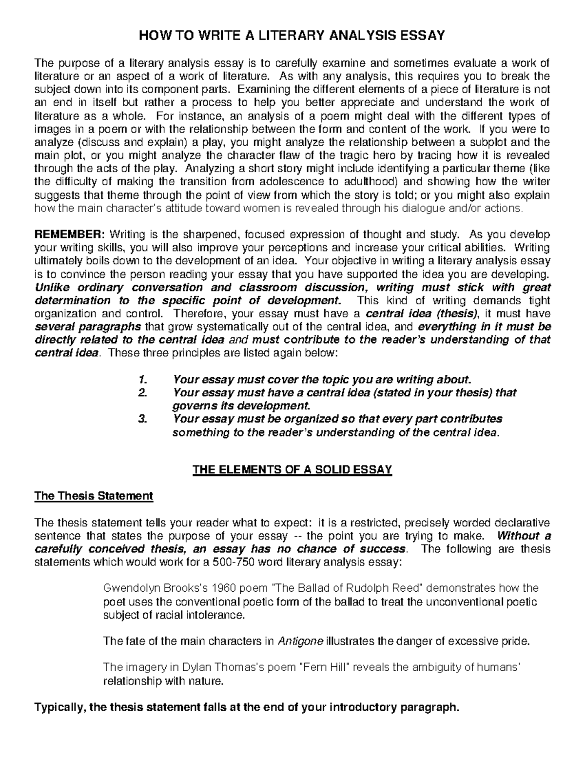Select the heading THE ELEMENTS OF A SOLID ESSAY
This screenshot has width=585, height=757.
point(292,470)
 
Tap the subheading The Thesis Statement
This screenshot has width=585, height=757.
point(94,496)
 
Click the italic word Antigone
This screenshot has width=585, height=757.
point(300,641)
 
